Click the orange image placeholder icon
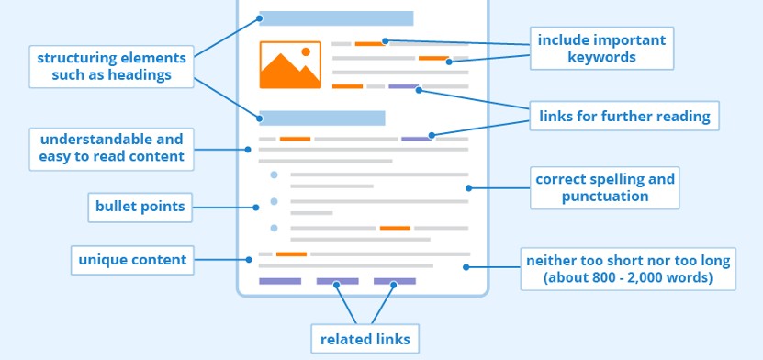[x=290, y=64]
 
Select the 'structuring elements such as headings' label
[x=111, y=66]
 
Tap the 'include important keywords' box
[x=600, y=48]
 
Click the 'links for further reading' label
[x=624, y=116]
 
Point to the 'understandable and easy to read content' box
[x=111, y=149]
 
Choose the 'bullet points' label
[x=140, y=207]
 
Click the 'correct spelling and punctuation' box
[x=605, y=187]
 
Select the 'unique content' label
[x=132, y=260]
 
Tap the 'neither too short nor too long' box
[x=627, y=268]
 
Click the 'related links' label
[x=365, y=339]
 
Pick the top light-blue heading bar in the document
[x=336, y=18]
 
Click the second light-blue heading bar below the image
[x=321, y=118]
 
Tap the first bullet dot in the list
[x=274, y=174]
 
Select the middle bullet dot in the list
[x=274, y=201]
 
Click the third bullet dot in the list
[x=274, y=228]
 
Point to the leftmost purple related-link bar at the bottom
[x=280, y=281]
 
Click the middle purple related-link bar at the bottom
[x=337, y=281]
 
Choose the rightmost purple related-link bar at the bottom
[x=394, y=281]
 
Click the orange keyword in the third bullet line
[x=395, y=228]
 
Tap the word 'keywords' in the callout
[x=600, y=57]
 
